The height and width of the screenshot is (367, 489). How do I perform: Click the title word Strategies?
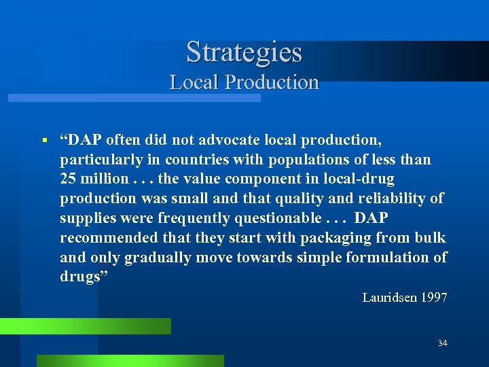click(x=244, y=52)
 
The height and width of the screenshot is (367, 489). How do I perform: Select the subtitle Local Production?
click(x=244, y=82)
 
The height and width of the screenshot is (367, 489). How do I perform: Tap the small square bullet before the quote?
click(x=43, y=141)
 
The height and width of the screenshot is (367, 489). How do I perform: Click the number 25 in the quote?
click(x=69, y=179)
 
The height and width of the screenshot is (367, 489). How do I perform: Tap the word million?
click(x=103, y=179)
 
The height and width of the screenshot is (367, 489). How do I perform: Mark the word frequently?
click(x=201, y=218)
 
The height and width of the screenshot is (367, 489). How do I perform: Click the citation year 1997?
click(x=433, y=298)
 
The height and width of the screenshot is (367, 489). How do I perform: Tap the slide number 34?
click(x=443, y=343)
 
